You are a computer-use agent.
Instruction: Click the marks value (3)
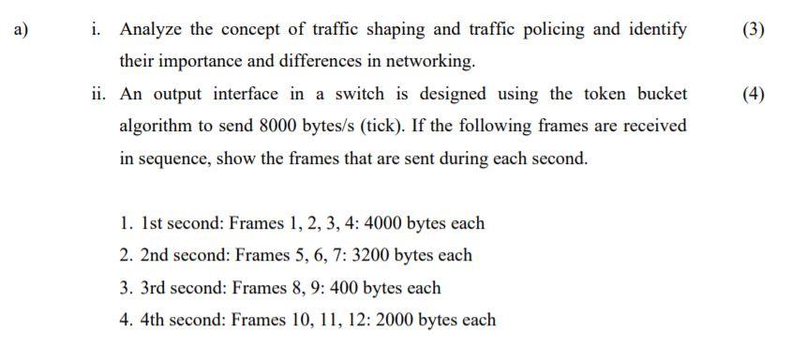(753, 29)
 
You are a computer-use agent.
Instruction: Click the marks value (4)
(753, 94)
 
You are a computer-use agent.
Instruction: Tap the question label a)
(22, 29)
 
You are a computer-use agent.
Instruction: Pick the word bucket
(661, 94)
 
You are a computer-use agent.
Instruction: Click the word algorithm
(157, 126)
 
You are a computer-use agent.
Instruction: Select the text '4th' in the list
(155, 320)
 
